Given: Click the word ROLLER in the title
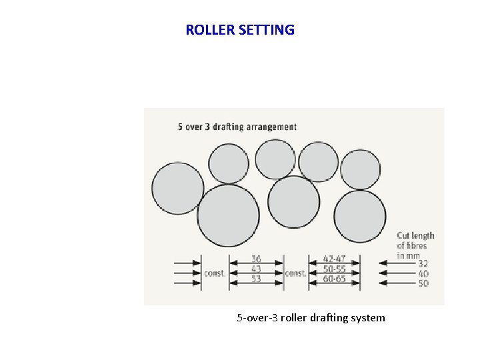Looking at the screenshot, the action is (209, 30).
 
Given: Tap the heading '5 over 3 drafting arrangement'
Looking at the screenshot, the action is (237, 127).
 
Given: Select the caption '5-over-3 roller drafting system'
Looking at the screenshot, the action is (311, 318).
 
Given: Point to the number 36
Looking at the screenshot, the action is (256, 259).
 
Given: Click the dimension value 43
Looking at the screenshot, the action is (256, 269).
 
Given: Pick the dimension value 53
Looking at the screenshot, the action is (256, 279).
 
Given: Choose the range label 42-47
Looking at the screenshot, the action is (334, 259).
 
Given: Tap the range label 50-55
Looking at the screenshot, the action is (334, 269).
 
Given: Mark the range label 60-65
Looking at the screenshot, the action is (334, 279).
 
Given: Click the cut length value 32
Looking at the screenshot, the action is (423, 264).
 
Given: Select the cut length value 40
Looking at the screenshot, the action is (423, 274).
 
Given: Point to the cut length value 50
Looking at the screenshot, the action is (423, 284).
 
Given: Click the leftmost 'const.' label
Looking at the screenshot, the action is (215, 273).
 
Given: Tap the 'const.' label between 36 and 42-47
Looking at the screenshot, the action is (295, 273).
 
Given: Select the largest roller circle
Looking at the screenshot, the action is (228, 215).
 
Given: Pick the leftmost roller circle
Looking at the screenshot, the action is (178, 188).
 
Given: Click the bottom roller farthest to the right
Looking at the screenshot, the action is (359, 217).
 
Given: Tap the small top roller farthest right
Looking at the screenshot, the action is (360, 169).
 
